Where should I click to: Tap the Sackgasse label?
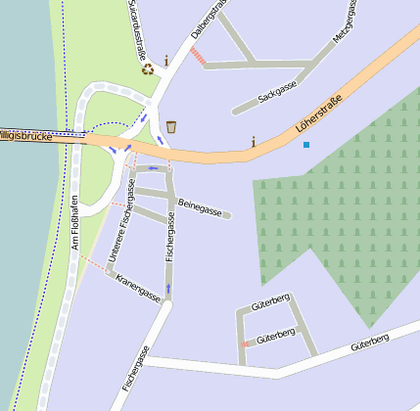[x=277, y=93]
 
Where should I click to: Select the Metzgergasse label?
[x=345, y=21]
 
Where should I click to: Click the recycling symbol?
[x=148, y=68]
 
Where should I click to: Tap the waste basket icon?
[x=171, y=126]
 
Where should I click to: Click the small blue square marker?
[x=306, y=145]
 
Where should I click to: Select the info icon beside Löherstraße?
[x=254, y=142]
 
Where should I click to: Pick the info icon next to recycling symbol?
[x=166, y=61]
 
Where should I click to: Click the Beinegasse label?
[x=202, y=207]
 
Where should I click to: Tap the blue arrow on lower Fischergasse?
[x=168, y=289]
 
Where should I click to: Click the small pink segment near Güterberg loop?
[x=243, y=343]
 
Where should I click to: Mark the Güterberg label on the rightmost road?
[x=370, y=342]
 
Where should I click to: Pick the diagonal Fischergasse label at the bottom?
[x=136, y=369]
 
